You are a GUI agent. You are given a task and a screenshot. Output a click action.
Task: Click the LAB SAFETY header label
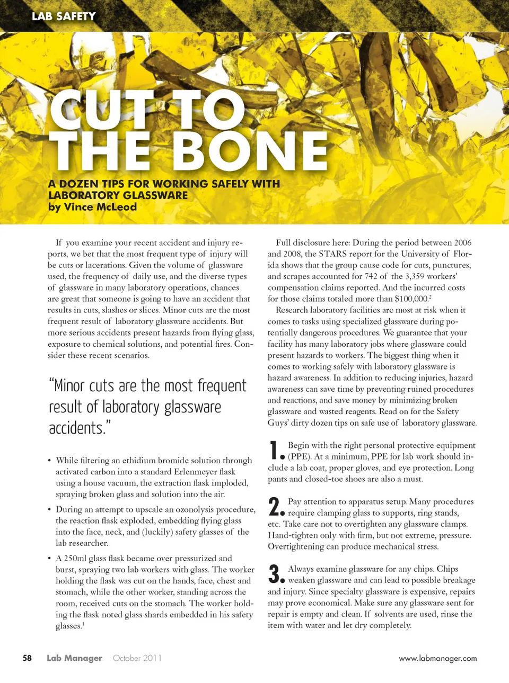click(x=64, y=16)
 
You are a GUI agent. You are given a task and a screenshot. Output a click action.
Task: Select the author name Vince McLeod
click(x=100, y=207)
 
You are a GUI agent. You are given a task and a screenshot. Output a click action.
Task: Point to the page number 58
click(x=27, y=658)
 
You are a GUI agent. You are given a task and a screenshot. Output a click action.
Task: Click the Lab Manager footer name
click(x=74, y=658)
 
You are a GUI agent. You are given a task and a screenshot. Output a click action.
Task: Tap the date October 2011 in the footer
click(x=137, y=658)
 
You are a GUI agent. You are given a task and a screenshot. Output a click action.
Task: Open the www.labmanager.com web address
click(x=437, y=659)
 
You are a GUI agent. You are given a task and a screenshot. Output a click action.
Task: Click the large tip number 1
click(x=274, y=451)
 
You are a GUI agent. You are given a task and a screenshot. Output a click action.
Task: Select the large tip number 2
click(x=274, y=507)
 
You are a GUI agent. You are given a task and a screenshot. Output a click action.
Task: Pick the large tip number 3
click(x=274, y=574)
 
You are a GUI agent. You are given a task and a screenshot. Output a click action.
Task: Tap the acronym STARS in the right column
click(x=332, y=254)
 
